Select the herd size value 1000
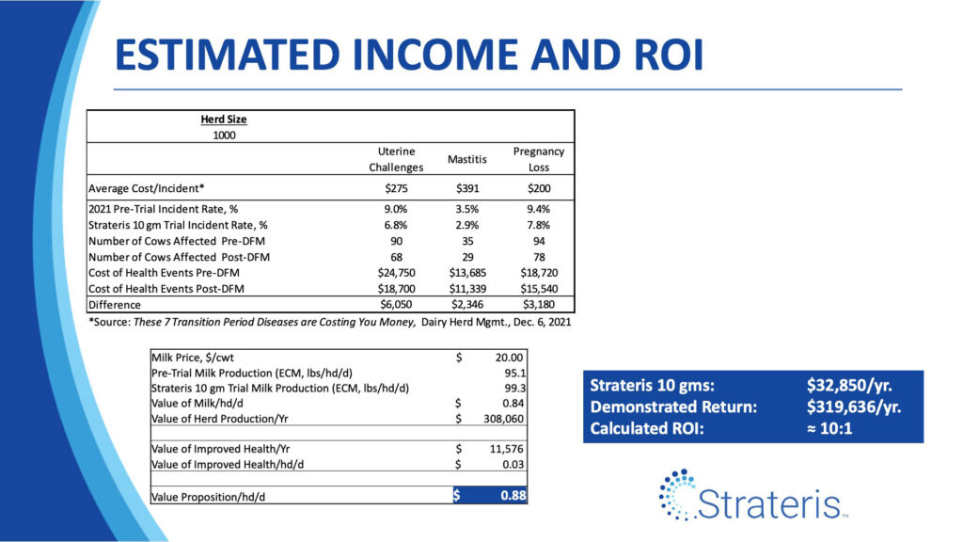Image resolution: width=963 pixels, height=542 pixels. pyautogui.click(x=224, y=135)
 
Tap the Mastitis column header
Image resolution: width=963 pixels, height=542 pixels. pyautogui.click(x=466, y=159)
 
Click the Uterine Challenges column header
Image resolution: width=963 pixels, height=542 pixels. pyautogui.click(x=396, y=159)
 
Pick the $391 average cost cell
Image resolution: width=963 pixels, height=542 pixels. pyautogui.click(x=467, y=188)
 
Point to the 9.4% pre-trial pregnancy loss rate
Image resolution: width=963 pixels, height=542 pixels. pyautogui.click(x=539, y=209)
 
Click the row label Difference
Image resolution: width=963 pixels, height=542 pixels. pyautogui.click(x=115, y=305)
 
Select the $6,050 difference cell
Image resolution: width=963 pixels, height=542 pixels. pyautogui.click(x=396, y=305)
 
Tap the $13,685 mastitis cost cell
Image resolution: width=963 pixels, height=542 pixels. pyautogui.click(x=467, y=273)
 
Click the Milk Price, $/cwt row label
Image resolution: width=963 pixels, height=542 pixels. pyautogui.click(x=193, y=358)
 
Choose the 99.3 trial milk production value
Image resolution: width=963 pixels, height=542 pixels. pyautogui.click(x=514, y=389)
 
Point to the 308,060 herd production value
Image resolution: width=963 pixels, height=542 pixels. pyautogui.click(x=504, y=419)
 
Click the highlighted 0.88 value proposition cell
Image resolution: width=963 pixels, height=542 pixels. pyautogui.click(x=513, y=495)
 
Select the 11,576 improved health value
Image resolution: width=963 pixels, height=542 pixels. pyautogui.click(x=507, y=449)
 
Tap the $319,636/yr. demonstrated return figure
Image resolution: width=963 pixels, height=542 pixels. pyautogui.click(x=854, y=406)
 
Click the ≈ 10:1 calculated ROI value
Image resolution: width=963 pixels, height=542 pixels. pyautogui.click(x=829, y=428)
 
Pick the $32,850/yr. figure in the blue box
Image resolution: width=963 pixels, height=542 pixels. pyautogui.click(x=849, y=385)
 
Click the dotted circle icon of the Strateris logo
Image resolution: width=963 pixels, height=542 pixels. pyautogui.click(x=677, y=495)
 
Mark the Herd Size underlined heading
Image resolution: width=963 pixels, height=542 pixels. pyautogui.click(x=224, y=120)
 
